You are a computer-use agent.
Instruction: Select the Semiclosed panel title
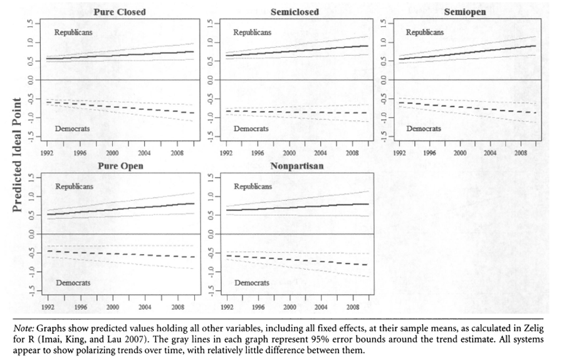pyautogui.click(x=295, y=12)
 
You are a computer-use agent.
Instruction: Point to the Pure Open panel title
pyautogui.click(x=120, y=166)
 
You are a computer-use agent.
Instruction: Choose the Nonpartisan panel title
pyautogui.click(x=296, y=166)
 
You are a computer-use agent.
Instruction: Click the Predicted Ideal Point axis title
pyautogui.click(x=17, y=154)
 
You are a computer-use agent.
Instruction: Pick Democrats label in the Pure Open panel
pyautogui.click(x=73, y=282)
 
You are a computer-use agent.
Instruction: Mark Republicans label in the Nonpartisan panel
pyautogui.click(x=253, y=186)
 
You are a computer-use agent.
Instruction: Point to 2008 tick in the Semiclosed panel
pyautogui.click(x=353, y=153)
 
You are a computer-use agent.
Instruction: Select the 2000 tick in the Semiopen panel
pyautogui.click(x=460, y=153)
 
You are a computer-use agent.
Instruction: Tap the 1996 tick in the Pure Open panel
pyautogui.click(x=80, y=307)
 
